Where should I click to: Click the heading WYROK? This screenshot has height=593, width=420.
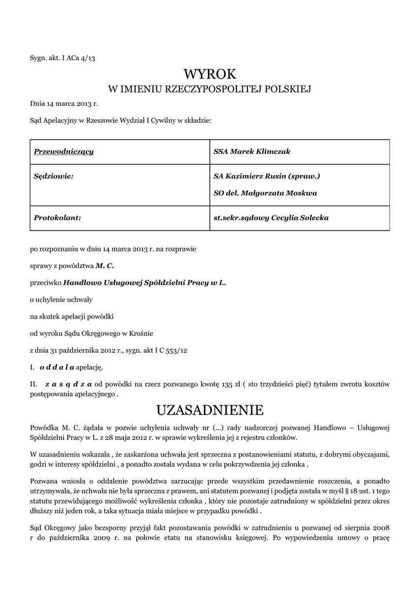210,74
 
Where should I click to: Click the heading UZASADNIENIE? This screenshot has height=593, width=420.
210,411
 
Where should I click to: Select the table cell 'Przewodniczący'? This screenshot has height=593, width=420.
64,152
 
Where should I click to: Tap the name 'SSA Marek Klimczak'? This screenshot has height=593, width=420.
252,152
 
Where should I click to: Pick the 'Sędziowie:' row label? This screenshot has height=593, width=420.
54,175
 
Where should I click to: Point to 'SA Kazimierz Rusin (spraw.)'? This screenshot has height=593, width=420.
266,175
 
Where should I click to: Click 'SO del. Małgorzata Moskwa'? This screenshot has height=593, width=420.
265,193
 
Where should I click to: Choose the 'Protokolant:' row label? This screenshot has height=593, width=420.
57,218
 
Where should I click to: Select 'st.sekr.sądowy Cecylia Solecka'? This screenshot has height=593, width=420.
272,218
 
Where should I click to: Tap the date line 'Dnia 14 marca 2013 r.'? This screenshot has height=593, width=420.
64,104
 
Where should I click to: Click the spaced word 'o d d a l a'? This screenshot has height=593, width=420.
57,367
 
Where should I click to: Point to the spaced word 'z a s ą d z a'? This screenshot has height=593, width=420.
69,384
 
